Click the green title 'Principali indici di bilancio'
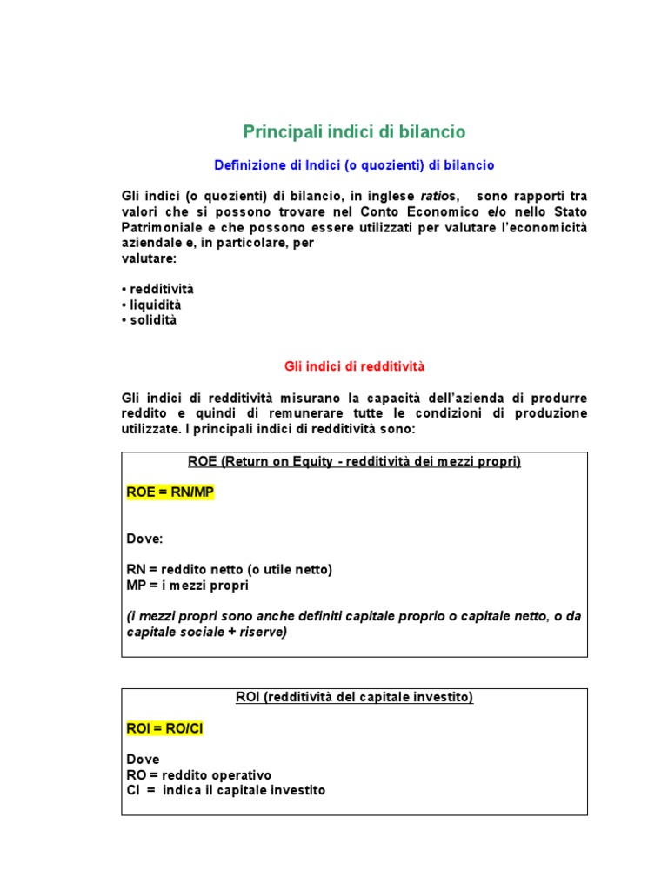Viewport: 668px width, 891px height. (x=354, y=131)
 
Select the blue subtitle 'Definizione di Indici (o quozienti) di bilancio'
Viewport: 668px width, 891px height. (x=354, y=164)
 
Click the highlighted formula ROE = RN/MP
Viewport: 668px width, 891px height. (x=170, y=493)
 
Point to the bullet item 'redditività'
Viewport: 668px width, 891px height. (x=162, y=289)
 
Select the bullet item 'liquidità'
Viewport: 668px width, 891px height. (x=156, y=305)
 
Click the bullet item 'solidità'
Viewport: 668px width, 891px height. (x=153, y=320)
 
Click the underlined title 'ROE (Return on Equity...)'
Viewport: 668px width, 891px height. (x=354, y=462)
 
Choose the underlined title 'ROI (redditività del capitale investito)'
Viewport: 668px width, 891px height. (x=354, y=698)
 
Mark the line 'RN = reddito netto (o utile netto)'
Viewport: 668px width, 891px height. (x=230, y=569)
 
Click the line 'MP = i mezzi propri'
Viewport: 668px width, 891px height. (x=188, y=585)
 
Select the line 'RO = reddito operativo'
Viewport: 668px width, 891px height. (x=199, y=774)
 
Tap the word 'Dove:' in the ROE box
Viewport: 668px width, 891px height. (x=144, y=539)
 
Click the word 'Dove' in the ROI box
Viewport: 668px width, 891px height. (x=143, y=759)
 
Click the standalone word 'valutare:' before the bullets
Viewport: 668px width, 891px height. (x=149, y=258)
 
